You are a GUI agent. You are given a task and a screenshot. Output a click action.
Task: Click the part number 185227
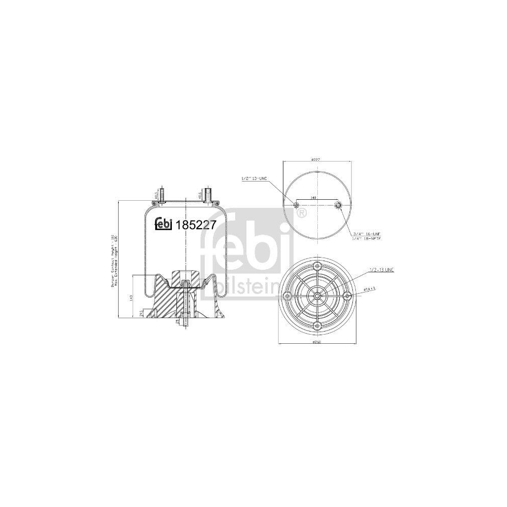(x=197, y=223)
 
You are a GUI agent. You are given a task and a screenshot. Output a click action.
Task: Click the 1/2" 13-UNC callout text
(x=255, y=178)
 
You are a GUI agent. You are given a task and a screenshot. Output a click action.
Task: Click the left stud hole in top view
(x=297, y=205)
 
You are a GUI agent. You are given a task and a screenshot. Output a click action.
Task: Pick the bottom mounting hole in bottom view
(x=317, y=325)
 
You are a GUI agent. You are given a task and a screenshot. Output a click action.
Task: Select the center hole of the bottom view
(x=317, y=296)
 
